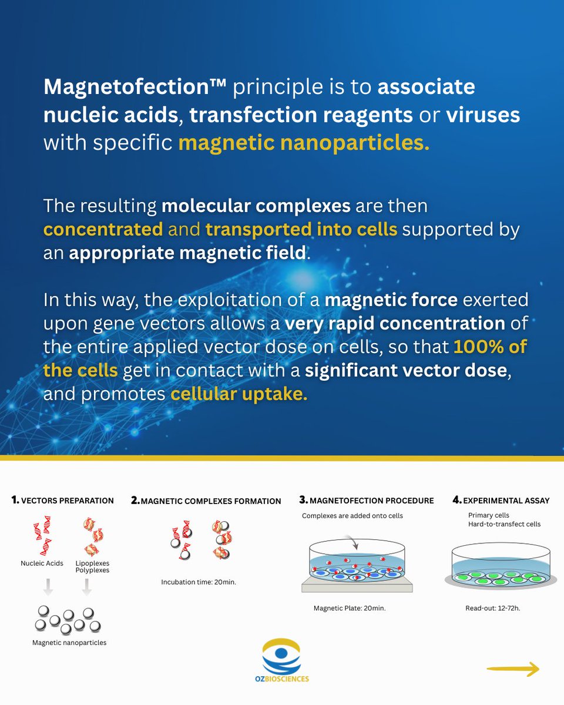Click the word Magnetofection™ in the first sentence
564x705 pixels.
pyautogui.click(x=135, y=88)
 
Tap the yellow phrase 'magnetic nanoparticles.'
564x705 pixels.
pyautogui.click(x=304, y=143)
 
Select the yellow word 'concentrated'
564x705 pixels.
pyautogui.click(x=103, y=229)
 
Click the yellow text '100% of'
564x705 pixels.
pyautogui.click(x=490, y=347)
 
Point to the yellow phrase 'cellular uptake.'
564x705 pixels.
pyautogui.click(x=239, y=394)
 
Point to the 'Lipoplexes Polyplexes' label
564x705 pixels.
pyautogui.click(x=92, y=567)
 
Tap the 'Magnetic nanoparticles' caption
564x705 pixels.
pyautogui.click(x=69, y=642)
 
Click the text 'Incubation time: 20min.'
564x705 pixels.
pyautogui.click(x=199, y=582)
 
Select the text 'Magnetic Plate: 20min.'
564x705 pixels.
pyautogui.click(x=350, y=608)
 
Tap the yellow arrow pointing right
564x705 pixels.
pyautogui.click(x=512, y=669)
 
